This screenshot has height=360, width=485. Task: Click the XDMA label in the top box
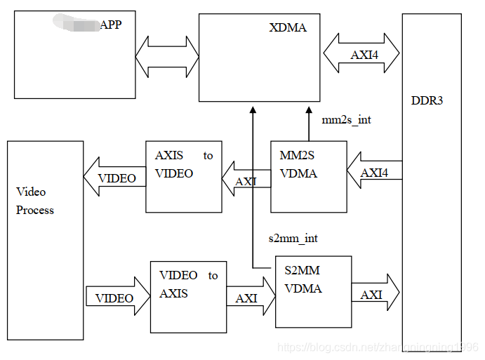tap(288, 28)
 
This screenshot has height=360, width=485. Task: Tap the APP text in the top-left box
tap(111, 25)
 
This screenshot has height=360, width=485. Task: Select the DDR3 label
tap(427, 100)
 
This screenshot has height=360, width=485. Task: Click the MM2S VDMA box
tap(309, 177)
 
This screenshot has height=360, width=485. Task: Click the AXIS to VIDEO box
tap(183, 176)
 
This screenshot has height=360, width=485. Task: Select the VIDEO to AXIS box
tap(188, 297)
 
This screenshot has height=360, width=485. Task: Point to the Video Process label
tap(34, 201)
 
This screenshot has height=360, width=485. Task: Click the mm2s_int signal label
tap(346, 120)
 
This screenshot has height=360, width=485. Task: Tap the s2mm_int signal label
tap(293, 239)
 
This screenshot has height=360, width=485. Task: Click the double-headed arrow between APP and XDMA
tap(168, 58)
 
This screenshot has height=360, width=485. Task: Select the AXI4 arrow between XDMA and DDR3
tap(361, 53)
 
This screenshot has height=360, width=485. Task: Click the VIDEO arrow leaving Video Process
tap(117, 298)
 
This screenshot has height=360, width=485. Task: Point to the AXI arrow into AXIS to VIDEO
tap(246, 182)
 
